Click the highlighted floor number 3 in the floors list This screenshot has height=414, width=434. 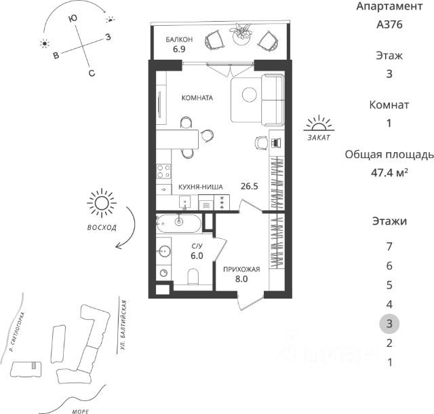[x=389, y=324]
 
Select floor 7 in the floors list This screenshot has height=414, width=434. [x=389, y=246]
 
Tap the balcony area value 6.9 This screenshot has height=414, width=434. [x=179, y=50]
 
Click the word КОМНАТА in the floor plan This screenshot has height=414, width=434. [x=197, y=98]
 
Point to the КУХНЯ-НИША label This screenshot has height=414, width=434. [x=201, y=187]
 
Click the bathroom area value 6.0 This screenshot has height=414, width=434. [x=197, y=256]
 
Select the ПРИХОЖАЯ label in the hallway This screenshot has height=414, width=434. [x=241, y=269]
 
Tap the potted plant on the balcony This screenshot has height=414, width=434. [x=241, y=34]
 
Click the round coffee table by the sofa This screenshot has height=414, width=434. [x=249, y=95]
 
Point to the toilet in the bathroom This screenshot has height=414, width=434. [x=193, y=276]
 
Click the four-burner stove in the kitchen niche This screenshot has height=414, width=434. [x=163, y=171]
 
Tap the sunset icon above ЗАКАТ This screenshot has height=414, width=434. [x=319, y=124]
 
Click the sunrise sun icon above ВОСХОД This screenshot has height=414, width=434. [x=102, y=204]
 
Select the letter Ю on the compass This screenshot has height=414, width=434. [x=73, y=19]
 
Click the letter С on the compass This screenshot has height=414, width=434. [x=92, y=73]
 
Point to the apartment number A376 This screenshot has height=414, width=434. [x=389, y=24]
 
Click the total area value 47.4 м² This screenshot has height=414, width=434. [x=389, y=173]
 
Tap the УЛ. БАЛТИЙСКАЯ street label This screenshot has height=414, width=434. [x=123, y=325]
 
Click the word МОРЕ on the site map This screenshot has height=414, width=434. [x=81, y=411]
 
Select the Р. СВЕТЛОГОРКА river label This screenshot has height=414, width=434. [x=16, y=333]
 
